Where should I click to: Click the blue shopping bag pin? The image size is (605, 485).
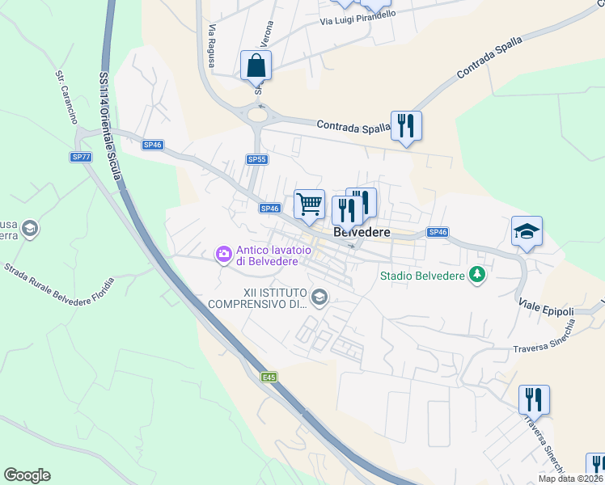coord(256,65)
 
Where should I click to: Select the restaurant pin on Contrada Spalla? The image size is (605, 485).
coord(406,125)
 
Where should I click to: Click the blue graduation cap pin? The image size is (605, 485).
coord(527,231)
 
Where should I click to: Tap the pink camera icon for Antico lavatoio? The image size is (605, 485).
coord(222,255)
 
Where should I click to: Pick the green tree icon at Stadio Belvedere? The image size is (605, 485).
coord(477,275)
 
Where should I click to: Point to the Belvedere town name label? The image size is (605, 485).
coord(362,232)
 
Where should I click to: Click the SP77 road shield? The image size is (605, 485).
coord(81,157)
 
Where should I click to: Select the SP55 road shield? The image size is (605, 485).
coord(257,159)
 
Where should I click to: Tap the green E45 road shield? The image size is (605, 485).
coord(269,377)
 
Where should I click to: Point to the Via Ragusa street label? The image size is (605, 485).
coord(214,40)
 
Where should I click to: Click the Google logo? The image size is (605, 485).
coord(27,474)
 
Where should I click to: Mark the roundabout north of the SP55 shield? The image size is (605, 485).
coord(259,115)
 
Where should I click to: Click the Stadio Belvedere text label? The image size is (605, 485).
coord(422,276)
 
